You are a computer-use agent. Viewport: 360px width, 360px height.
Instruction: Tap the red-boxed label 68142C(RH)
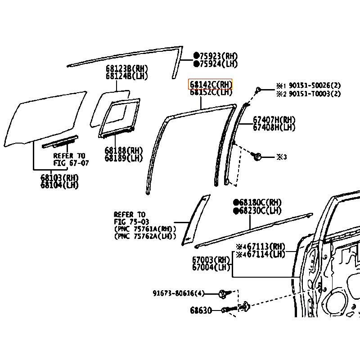pos(211,85)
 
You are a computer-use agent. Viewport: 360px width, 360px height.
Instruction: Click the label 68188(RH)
pos(123,150)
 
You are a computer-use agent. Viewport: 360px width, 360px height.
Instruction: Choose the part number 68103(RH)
pos(59,177)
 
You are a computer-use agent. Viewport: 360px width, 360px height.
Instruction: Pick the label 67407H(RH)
pos(274,120)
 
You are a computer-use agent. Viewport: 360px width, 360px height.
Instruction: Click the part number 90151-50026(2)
pos(314,85)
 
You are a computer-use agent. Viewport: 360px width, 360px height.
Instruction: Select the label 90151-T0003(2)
pos(314,94)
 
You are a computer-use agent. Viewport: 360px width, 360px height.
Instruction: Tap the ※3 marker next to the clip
pos(281,157)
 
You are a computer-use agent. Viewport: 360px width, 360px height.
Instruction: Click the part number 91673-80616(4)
pos(178,293)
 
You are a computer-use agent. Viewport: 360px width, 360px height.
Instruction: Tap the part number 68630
pos(201,310)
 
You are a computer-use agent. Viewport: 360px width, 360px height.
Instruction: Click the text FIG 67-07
pos(71,162)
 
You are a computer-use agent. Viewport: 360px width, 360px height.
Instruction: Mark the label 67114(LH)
pos(265,254)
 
